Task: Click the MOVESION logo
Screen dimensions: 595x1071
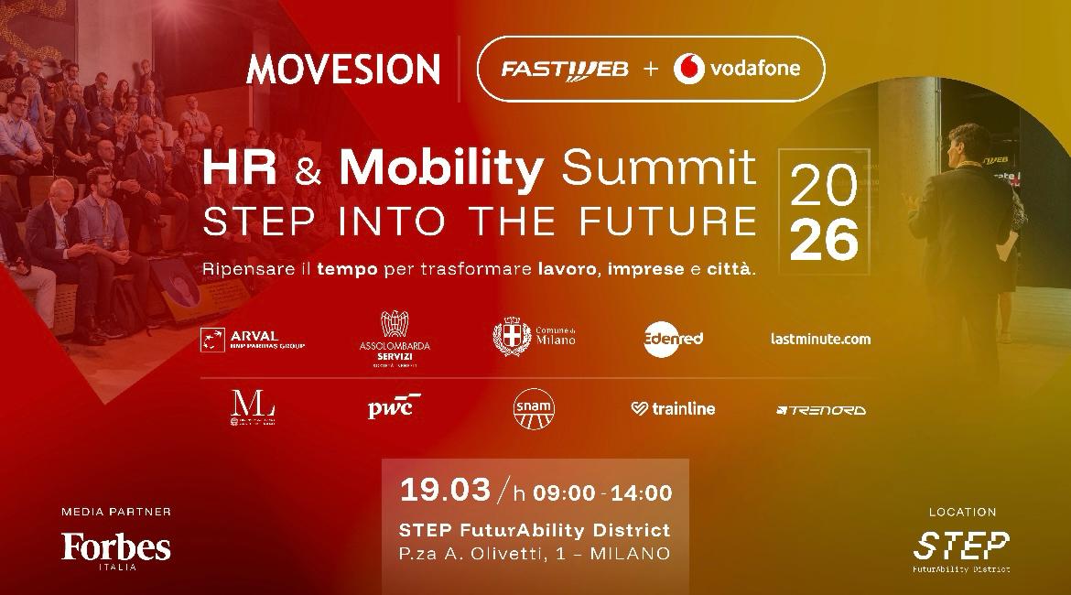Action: tap(343, 70)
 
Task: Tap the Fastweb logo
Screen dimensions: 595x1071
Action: tap(564, 70)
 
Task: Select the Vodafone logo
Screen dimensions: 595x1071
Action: tap(737, 69)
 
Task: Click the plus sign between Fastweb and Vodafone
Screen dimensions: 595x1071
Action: tap(651, 70)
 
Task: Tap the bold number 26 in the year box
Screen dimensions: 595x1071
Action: tap(824, 241)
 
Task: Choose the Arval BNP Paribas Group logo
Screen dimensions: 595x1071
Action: tap(253, 340)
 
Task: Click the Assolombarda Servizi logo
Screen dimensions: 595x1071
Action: tap(395, 339)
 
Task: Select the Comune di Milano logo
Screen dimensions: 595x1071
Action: tap(535, 337)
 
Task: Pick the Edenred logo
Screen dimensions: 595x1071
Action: tap(673, 338)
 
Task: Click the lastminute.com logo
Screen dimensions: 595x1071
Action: tap(820, 339)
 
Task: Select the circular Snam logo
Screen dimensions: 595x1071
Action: tap(534, 408)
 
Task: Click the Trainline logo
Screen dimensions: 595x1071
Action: tap(673, 409)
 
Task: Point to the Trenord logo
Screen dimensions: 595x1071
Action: tap(820, 410)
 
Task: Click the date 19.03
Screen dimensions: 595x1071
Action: tap(445, 490)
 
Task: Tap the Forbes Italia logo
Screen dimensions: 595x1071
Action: tap(116, 550)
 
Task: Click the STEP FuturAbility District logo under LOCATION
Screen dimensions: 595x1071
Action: tap(961, 549)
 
